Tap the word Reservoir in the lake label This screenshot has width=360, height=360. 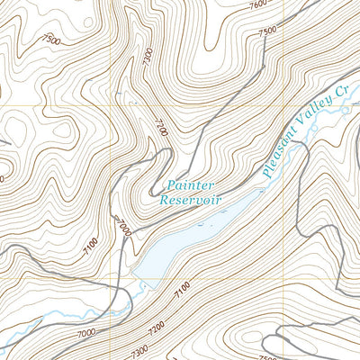pyautogui.click(x=190, y=200)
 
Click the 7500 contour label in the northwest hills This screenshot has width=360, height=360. pyautogui.click(x=50, y=40)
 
